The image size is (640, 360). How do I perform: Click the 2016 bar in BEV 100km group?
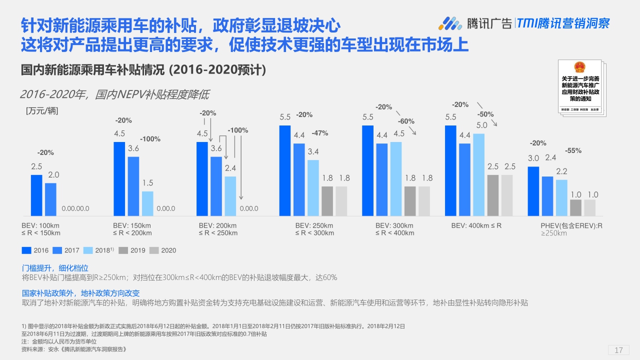pyautogui.click(x=36, y=195)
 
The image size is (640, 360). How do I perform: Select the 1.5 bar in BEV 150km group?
pyautogui.click(x=147, y=203)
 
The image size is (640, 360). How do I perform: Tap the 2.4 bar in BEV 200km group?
pyautogui.click(x=230, y=196)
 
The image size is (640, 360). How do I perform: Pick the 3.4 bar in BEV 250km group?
pyautogui.click(x=313, y=187)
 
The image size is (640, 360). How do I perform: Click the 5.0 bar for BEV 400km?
pyautogui.click(x=479, y=174)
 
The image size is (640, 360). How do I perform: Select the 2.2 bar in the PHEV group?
pyautogui.click(x=561, y=197)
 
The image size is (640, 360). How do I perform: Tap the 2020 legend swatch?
pyautogui.click(x=154, y=250)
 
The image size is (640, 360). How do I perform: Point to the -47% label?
pyautogui.click(x=319, y=133)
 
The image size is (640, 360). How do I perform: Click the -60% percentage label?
pyautogui.click(x=406, y=121)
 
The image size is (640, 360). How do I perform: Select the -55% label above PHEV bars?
pyautogui.click(x=573, y=150)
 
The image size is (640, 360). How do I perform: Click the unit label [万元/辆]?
pyautogui.click(x=42, y=111)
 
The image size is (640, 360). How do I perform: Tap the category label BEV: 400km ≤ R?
pyautogui.click(x=476, y=226)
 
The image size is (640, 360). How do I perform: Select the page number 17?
pyautogui.click(x=618, y=350)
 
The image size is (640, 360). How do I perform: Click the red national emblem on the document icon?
pyautogui.click(x=579, y=67)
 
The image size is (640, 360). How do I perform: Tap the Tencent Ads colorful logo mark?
pyautogui.click(x=450, y=23)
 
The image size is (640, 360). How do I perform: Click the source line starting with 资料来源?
pyautogui.click(x=74, y=349)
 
